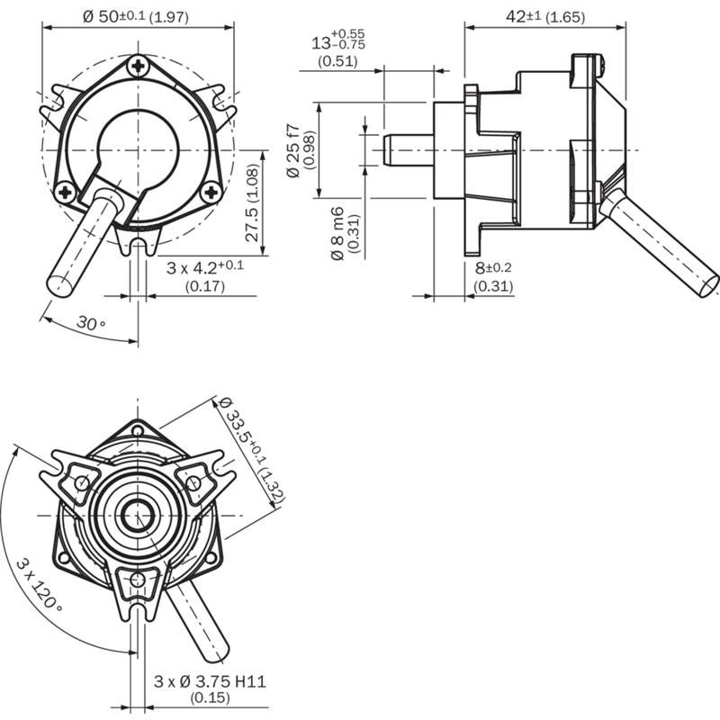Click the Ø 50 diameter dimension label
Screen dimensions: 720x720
pos(136,17)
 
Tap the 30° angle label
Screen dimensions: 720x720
pos(91,322)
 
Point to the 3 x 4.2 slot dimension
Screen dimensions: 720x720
pos(205,267)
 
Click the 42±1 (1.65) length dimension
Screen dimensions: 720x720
pos(545,16)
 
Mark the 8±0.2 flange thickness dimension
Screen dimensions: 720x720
pos(493,267)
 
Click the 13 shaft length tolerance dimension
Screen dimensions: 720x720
pos(337,42)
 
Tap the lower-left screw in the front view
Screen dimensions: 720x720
pos(65,192)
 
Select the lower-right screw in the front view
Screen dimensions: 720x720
pos(211,191)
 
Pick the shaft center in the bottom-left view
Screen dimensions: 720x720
pos(137,516)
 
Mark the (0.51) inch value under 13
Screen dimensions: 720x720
pos(338,62)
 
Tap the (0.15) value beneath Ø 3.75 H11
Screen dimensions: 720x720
pos(209,697)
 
